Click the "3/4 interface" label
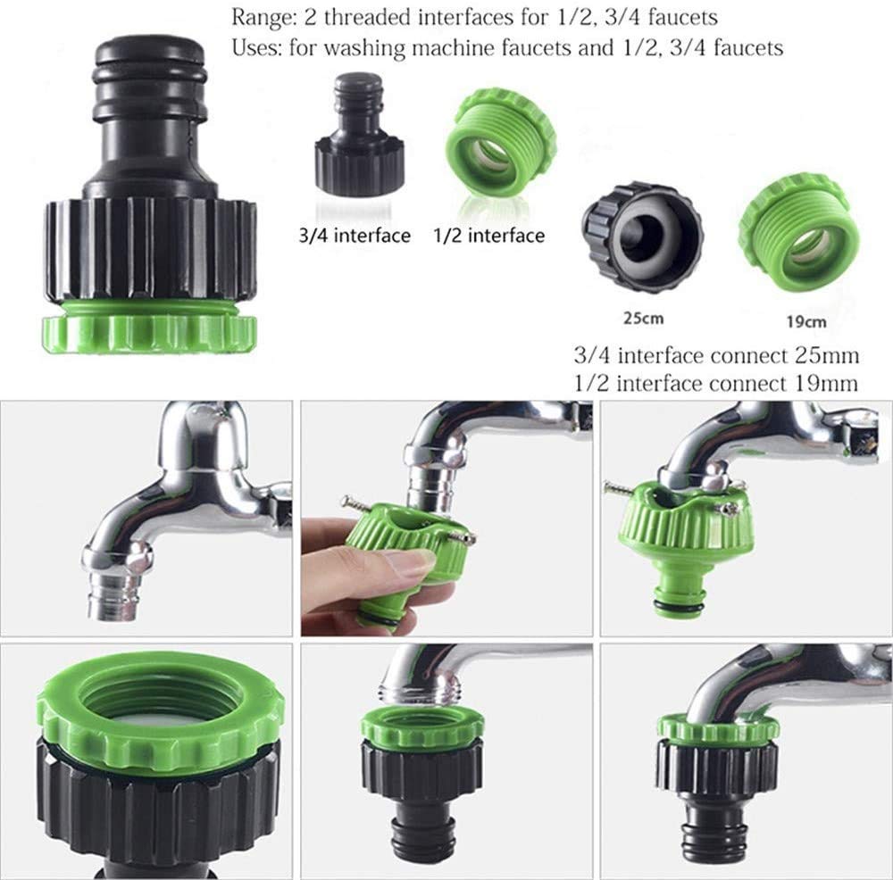click(x=355, y=236)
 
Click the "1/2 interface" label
click(x=488, y=236)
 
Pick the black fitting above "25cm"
click(x=642, y=234)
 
